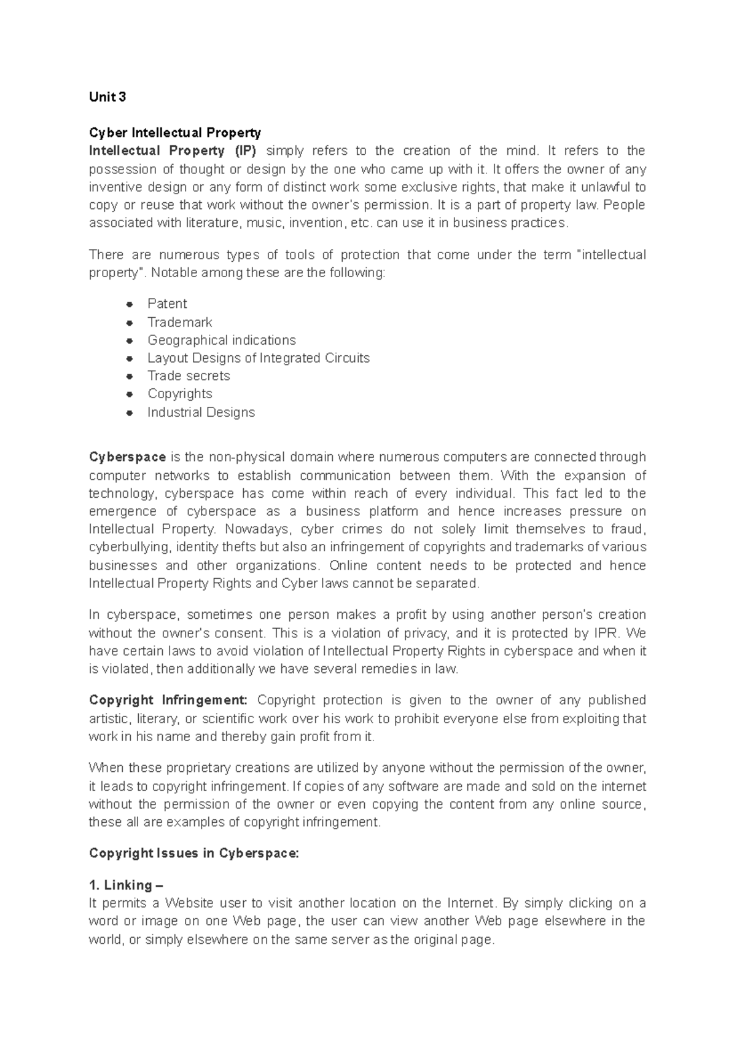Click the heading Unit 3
[107, 97]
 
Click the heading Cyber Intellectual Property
[175, 133]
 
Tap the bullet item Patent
[167, 304]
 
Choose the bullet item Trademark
[179, 322]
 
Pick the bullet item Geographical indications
[221, 340]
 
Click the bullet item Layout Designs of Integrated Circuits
[258, 358]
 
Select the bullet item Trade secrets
[189, 375]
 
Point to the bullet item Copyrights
[179, 393]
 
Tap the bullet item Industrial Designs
[201, 412]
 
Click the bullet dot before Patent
[129, 304]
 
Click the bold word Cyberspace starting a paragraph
[127, 457]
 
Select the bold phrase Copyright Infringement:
[168, 700]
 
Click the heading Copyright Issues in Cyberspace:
[193, 853]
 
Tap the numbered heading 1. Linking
[126, 885]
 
